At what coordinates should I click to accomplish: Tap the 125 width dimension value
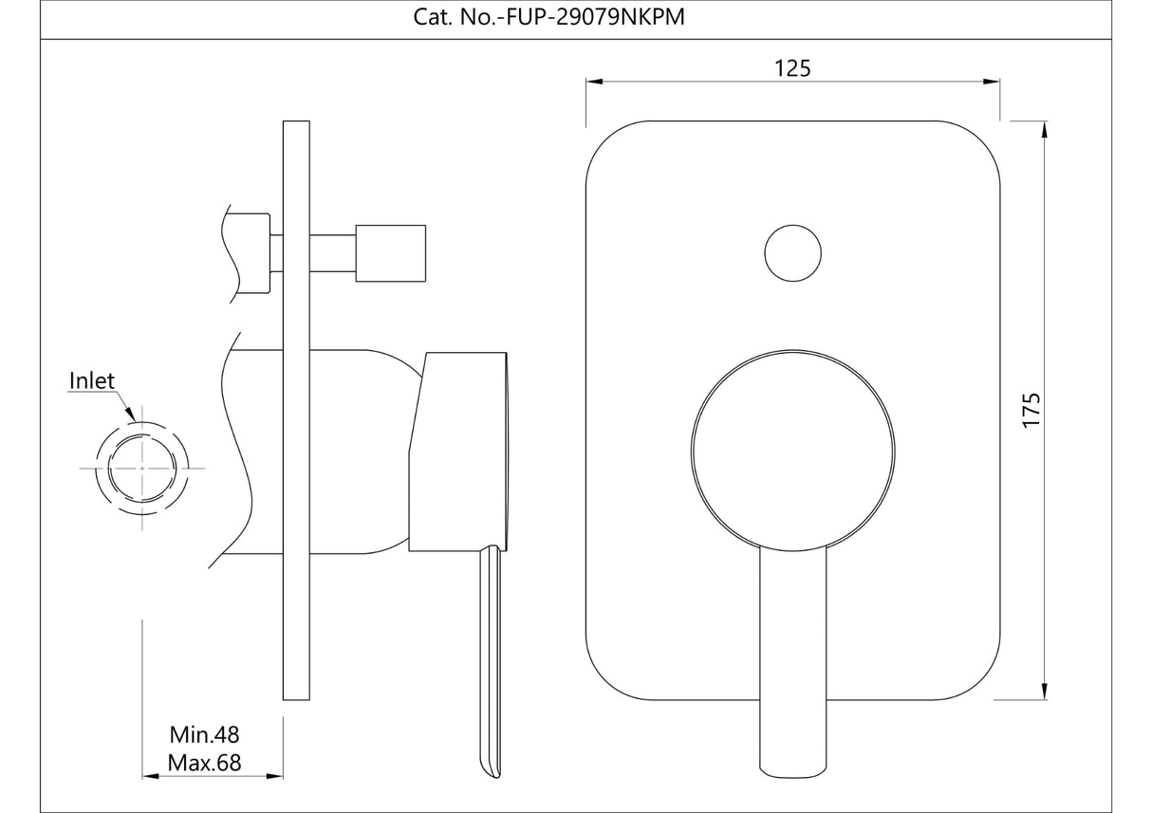click(792, 67)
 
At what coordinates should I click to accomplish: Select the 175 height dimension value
click(1032, 410)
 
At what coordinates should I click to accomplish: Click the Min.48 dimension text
click(204, 734)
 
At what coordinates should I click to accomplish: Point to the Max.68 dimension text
click(204, 763)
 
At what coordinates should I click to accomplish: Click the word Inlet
click(92, 381)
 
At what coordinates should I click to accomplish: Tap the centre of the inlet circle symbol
click(142, 469)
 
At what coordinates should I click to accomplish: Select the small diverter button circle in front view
click(792, 252)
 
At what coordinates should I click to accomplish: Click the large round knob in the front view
click(793, 448)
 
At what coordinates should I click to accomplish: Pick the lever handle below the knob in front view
click(793, 664)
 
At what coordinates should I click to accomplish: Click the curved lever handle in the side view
click(489, 664)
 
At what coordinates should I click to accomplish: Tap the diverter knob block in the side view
click(390, 253)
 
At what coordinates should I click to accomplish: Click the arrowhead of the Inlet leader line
click(129, 415)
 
